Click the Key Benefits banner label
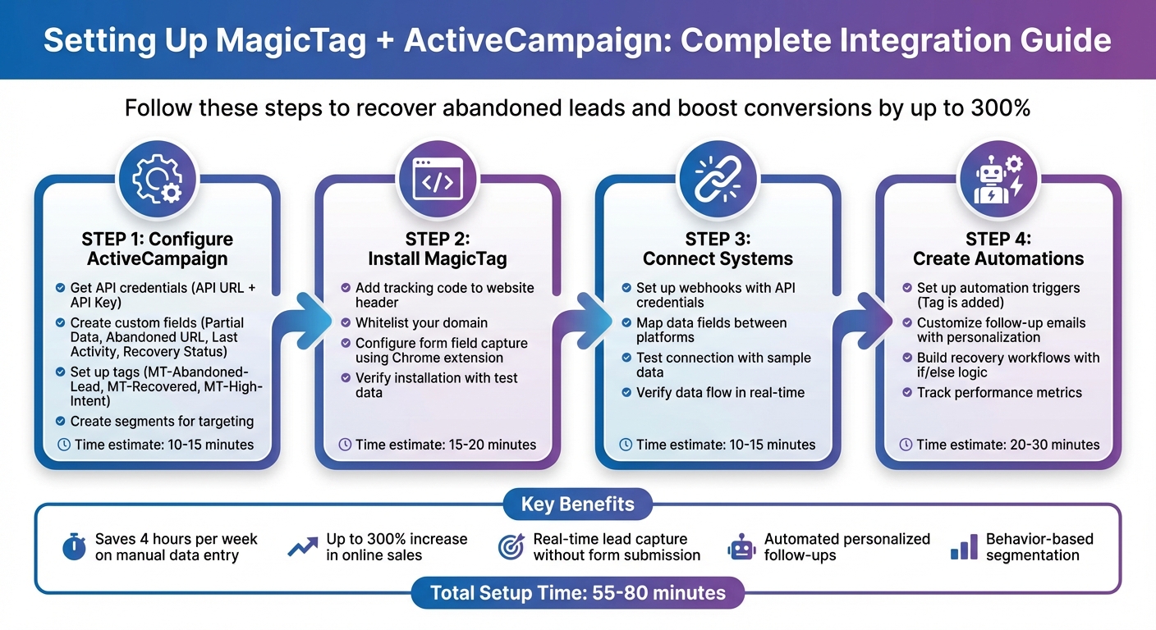[x=577, y=504]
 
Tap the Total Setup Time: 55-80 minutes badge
[x=577, y=592]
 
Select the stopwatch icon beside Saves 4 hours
[x=74, y=547]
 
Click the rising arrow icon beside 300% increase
[x=302, y=547]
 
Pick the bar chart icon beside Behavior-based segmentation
[x=963, y=547]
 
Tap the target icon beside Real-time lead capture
[x=511, y=547]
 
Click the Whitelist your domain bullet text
[x=421, y=323]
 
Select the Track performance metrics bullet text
[x=999, y=392]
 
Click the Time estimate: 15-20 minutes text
[x=445, y=445]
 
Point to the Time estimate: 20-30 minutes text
[x=1007, y=445]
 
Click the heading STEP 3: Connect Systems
[x=718, y=249]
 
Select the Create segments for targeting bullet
[x=162, y=422]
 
